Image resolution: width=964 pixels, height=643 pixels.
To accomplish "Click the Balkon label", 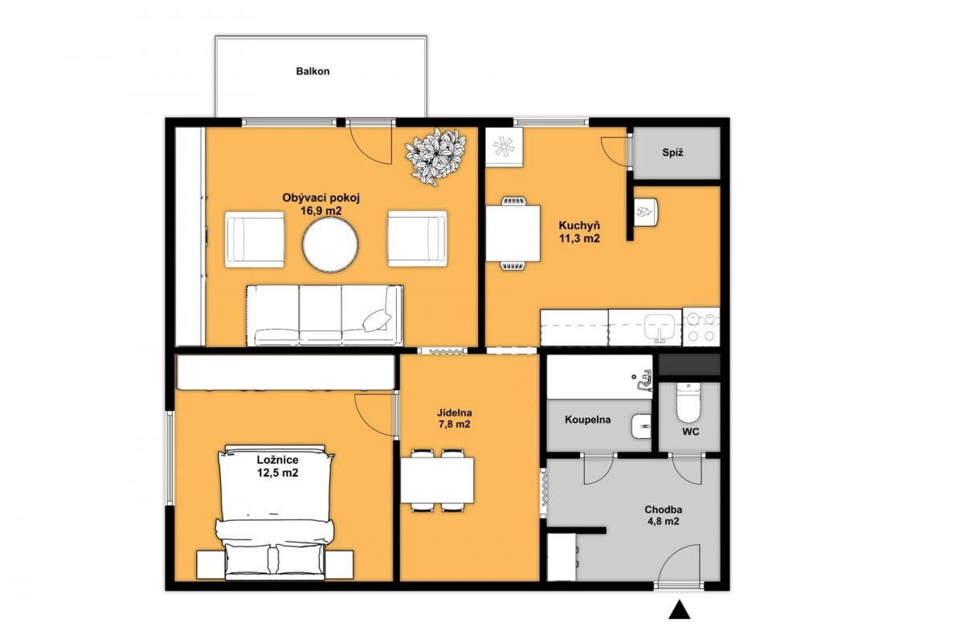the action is point(312,72).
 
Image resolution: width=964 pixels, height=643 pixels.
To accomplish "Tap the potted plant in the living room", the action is point(435,157).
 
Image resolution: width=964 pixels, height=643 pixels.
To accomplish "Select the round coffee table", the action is point(330,244).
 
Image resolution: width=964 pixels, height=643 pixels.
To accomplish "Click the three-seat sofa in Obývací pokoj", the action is point(325,315).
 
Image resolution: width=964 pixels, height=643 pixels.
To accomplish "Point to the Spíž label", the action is point(672,153).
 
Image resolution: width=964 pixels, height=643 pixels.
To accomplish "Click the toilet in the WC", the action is point(688,403).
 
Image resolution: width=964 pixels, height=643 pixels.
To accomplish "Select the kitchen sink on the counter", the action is point(659,327).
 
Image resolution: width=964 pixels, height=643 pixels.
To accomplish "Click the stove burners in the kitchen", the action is point(701,326).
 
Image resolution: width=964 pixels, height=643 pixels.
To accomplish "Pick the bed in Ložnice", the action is point(276,513).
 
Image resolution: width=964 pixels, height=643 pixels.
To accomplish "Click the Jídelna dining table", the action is point(437,480).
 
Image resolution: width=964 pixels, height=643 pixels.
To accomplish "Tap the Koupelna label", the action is point(587,420).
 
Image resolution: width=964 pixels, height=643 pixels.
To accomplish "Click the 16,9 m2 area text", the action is point(321,211).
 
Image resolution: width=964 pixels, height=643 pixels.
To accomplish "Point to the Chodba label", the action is point(664,510).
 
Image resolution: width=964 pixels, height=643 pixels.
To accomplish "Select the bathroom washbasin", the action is point(641,426).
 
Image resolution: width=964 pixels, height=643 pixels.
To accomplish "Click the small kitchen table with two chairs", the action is point(513,233).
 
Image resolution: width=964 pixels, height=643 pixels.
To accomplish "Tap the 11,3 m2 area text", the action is point(579,238).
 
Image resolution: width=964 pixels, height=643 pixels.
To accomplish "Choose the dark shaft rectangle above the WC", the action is point(689,364).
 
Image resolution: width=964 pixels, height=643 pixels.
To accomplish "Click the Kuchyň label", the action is point(579,225).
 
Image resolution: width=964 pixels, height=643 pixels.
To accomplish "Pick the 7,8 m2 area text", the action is point(455,424).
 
